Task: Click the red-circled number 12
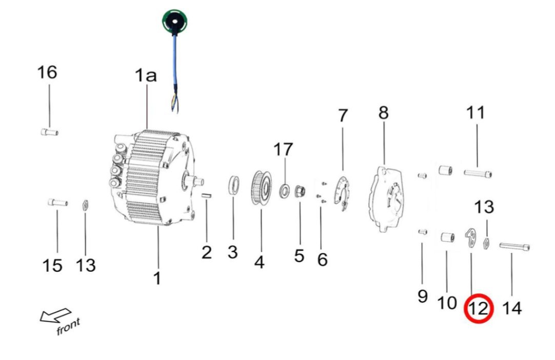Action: click(x=478, y=309)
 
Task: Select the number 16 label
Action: click(x=47, y=72)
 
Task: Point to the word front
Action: click(x=68, y=327)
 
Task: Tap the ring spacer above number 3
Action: click(x=233, y=186)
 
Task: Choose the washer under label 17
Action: click(x=284, y=191)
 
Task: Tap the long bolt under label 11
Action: click(x=478, y=173)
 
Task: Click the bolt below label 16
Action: click(x=49, y=132)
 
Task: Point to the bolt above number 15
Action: click(x=57, y=203)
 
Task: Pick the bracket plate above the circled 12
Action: click(x=470, y=238)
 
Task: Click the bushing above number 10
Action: click(x=445, y=238)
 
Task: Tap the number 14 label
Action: click(x=511, y=308)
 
